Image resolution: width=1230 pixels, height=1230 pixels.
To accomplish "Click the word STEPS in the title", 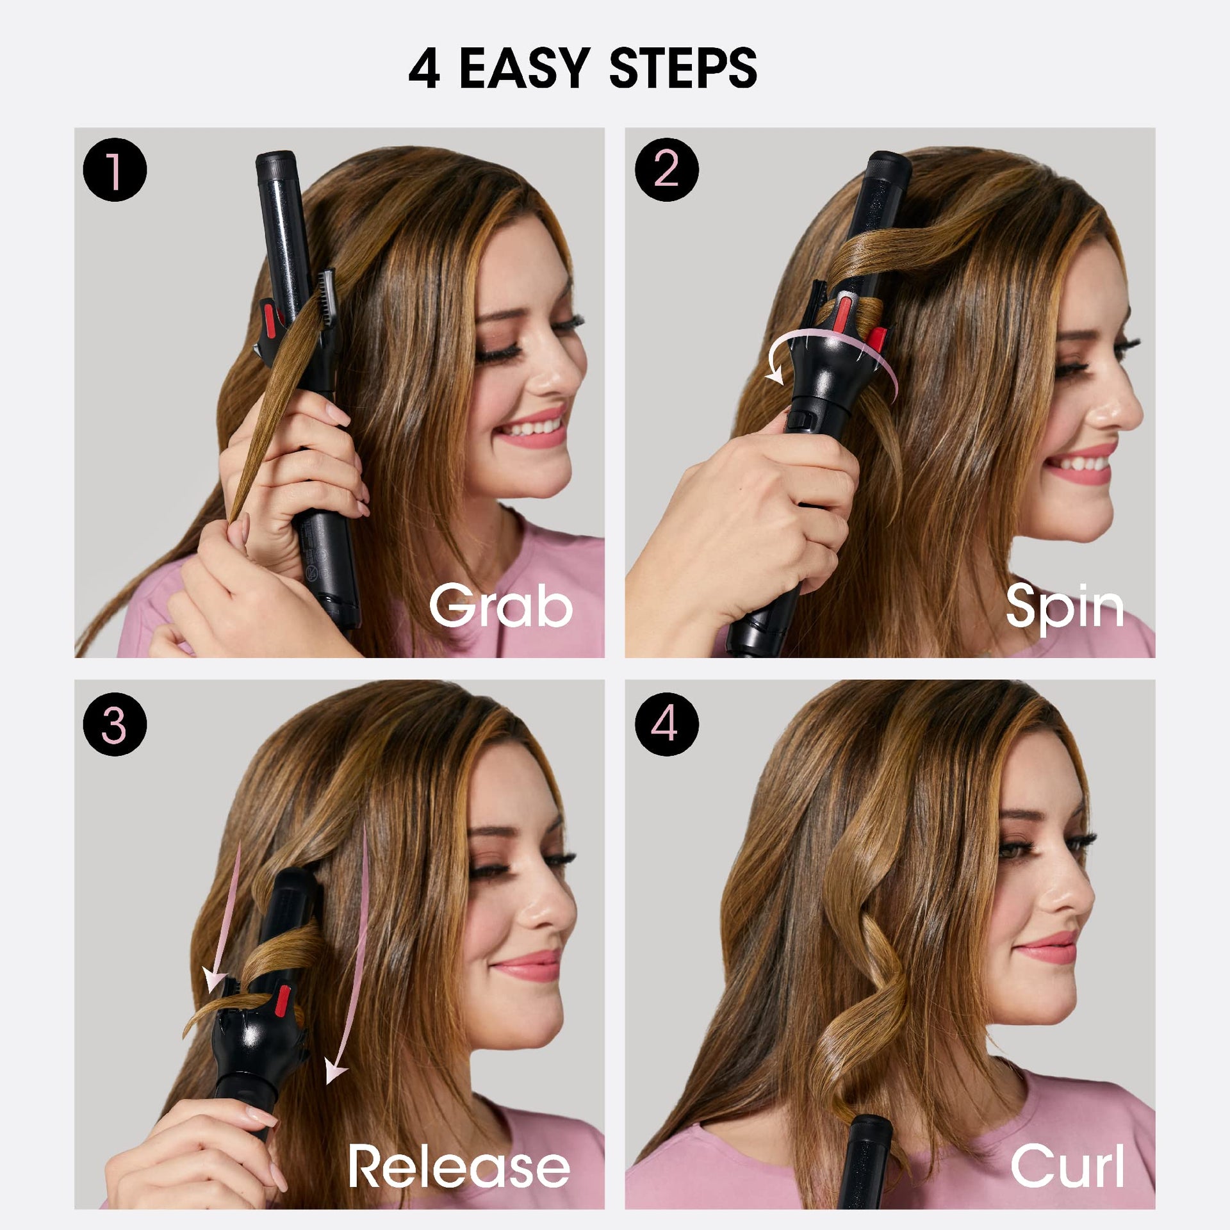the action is click(683, 69).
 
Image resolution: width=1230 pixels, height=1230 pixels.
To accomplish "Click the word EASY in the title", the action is click(524, 69).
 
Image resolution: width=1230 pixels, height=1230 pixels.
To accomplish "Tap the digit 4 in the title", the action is click(424, 69).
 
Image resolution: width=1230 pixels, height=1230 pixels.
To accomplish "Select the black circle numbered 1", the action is click(115, 170).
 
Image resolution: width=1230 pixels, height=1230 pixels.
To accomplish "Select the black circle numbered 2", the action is click(666, 170).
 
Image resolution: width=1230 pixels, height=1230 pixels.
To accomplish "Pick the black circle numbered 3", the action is click(115, 724).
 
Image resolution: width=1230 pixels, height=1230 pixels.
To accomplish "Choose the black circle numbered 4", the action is click(666, 724).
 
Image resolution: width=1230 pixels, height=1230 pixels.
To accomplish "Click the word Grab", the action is click(501, 605).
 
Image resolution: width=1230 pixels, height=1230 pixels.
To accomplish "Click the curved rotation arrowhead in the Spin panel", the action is click(775, 373).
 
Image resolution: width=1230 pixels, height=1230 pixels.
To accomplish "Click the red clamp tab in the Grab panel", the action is click(268, 318).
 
